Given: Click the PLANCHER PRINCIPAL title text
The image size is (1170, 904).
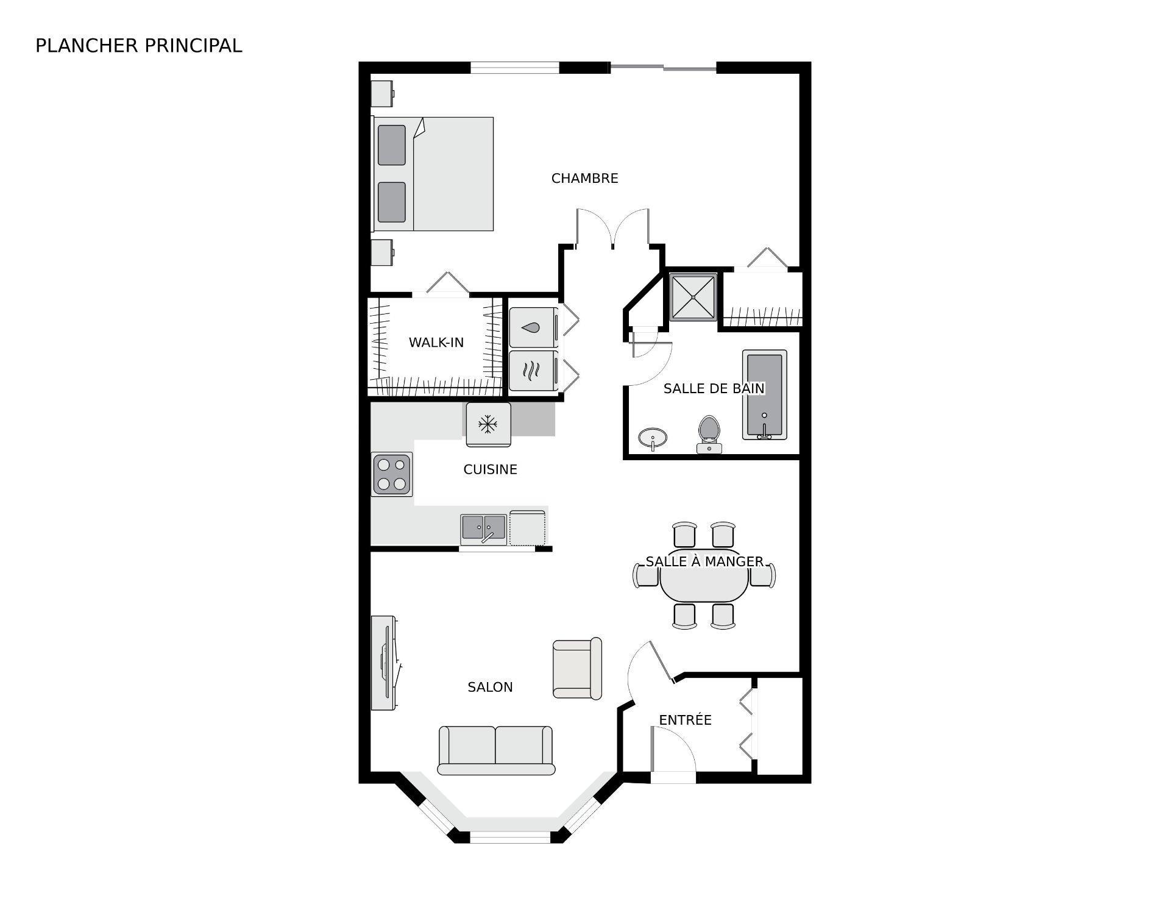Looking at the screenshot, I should [138, 46].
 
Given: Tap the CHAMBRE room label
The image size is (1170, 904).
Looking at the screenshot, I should [584, 178].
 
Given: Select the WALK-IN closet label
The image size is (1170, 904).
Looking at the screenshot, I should [436, 343].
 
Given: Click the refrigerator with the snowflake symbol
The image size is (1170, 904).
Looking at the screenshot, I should [487, 424].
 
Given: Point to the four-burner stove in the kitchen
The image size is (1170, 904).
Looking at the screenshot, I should [392, 474].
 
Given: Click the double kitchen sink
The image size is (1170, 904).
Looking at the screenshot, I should [483, 529].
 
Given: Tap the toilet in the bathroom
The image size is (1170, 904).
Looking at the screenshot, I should [709, 433].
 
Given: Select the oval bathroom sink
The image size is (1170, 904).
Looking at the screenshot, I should [652, 437].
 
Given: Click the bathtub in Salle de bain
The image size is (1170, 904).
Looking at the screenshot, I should [764, 394].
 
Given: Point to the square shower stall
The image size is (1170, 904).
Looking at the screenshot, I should [693, 297].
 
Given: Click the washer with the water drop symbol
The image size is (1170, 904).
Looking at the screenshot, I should [533, 327].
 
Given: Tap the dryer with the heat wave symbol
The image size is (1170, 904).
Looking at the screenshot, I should [533, 370].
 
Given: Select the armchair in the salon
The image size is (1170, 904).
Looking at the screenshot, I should [576, 669].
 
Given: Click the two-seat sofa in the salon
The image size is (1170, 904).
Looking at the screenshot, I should [495, 750].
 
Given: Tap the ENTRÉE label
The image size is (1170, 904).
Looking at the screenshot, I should [685, 720].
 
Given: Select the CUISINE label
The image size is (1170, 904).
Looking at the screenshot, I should [490, 469].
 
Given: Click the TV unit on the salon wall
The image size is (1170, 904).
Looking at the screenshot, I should [384, 663].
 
